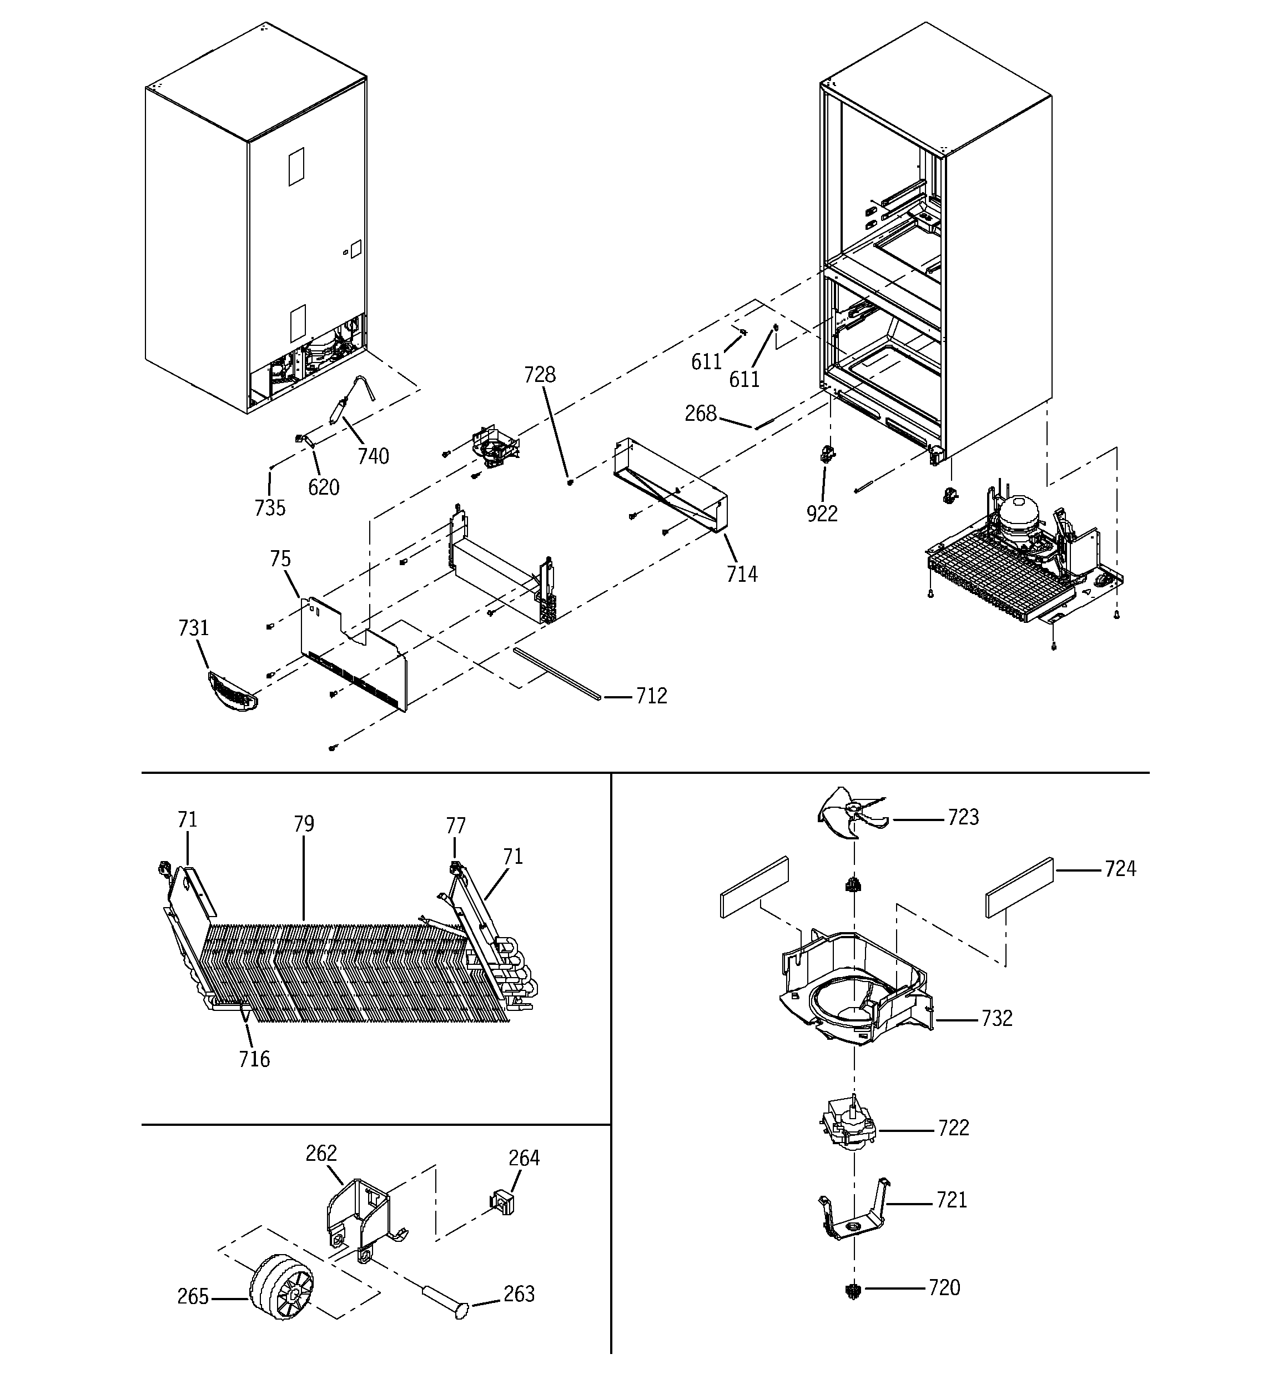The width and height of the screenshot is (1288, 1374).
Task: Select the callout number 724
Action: pos(1120,869)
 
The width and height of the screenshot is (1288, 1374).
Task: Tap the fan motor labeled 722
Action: pos(848,1129)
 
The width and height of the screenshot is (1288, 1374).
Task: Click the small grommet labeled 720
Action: pos(854,1289)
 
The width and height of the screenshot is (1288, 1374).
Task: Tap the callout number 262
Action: pos(321,1154)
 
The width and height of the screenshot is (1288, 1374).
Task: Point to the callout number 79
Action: pos(304,824)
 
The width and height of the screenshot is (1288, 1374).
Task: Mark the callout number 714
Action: pos(742,575)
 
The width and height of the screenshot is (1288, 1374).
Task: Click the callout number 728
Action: pos(539,375)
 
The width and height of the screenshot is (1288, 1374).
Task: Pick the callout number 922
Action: pos(822,514)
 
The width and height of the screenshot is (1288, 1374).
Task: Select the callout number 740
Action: pos(373,456)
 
